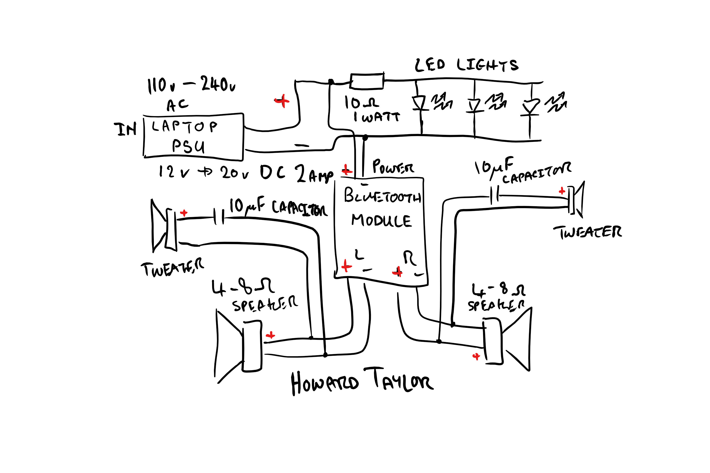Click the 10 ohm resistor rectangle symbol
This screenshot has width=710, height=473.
click(366, 81)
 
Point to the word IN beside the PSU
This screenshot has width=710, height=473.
click(125, 129)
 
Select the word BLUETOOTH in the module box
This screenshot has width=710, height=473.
click(382, 196)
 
